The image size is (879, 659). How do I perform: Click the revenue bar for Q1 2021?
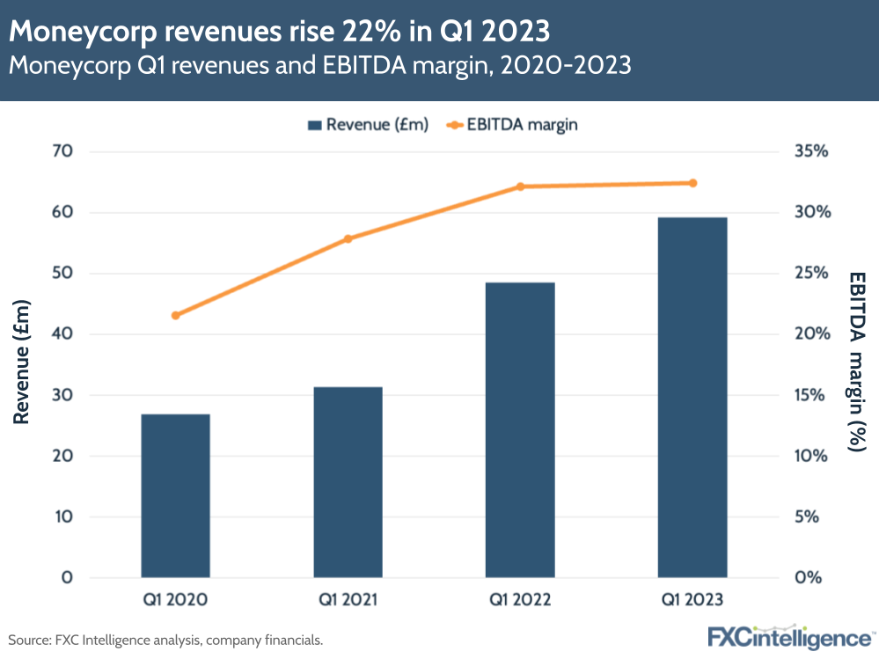(x=348, y=482)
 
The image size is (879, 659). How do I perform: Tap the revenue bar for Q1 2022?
(x=520, y=430)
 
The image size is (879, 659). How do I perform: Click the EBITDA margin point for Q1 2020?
(x=175, y=315)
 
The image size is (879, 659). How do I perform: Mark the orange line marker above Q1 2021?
(x=348, y=238)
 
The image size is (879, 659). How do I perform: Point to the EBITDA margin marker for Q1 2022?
(x=520, y=187)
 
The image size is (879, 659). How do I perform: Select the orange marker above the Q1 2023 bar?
(x=692, y=183)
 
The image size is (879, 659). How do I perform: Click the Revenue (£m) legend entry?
(x=368, y=125)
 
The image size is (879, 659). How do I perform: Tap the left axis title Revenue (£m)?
(x=22, y=363)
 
